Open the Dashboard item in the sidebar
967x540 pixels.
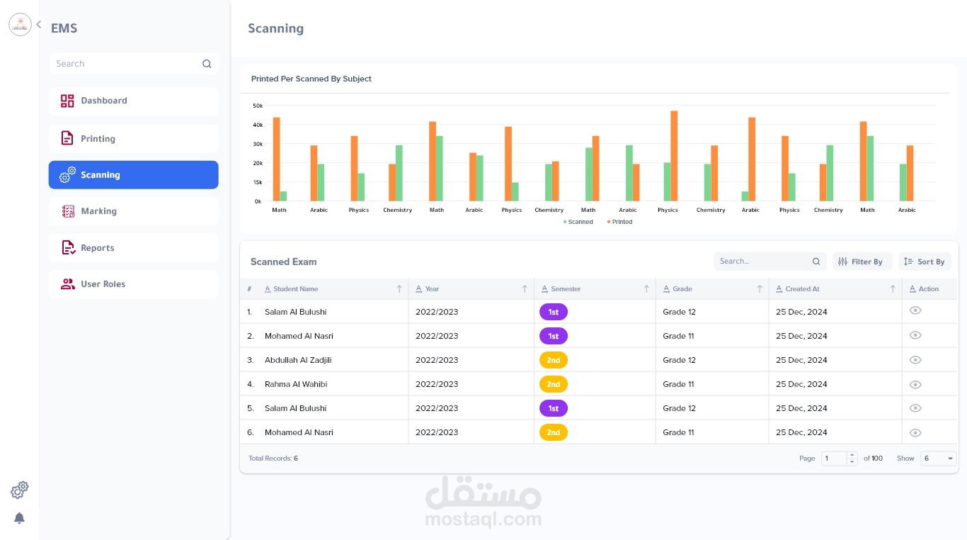pyautogui.click(x=133, y=101)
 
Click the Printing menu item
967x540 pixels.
pyautogui.click(x=133, y=139)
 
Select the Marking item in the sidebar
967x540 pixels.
pyautogui.click(x=133, y=211)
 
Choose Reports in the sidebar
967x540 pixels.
pyautogui.click(x=133, y=248)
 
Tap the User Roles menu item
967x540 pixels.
pyautogui.click(x=133, y=284)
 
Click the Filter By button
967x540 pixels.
pyautogui.click(x=862, y=261)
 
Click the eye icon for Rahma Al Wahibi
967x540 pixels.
pyautogui.click(x=915, y=385)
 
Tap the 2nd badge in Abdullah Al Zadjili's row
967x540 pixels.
pyautogui.click(x=554, y=360)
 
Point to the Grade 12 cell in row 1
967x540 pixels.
pyautogui.click(x=680, y=312)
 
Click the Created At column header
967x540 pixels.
pyautogui.click(x=803, y=289)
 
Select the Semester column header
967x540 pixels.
pyautogui.click(x=566, y=289)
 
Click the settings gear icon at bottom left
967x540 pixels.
pyautogui.click(x=20, y=490)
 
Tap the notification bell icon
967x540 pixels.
pyautogui.click(x=20, y=519)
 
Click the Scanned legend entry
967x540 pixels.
pyautogui.click(x=579, y=222)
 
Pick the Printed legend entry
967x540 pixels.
pyautogui.click(x=620, y=222)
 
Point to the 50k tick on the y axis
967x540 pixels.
pyautogui.click(x=258, y=106)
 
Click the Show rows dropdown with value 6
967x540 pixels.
pyautogui.click(x=938, y=459)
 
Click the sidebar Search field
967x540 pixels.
pyautogui.click(x=126, y=64)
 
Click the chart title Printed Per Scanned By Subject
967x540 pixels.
pyautogui.click(x=311, y=79)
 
